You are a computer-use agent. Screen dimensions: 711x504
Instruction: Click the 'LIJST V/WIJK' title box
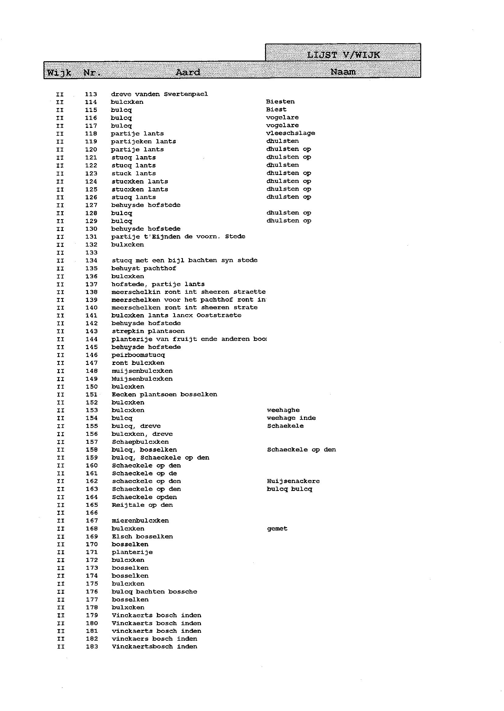pos(343,54)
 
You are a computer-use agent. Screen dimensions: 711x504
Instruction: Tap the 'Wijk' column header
pos(59,73)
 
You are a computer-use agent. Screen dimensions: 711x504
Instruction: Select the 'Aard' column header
pos(188,72)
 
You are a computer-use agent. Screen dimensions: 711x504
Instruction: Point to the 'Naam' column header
pos(343,72)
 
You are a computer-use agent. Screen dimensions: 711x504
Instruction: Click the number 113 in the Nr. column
pos(91,94)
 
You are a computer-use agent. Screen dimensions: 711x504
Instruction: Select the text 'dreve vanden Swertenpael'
pos(159,94)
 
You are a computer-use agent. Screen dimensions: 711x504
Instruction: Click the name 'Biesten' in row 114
pos(280,101)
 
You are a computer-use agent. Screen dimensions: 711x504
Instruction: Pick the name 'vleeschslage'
pos(290,133)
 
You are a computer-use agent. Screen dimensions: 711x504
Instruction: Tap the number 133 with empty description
pos(91,253)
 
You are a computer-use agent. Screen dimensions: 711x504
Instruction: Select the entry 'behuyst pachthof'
pos(144,268)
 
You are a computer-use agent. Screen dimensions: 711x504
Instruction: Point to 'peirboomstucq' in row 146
pos(138,355)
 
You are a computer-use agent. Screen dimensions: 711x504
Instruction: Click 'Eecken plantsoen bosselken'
pos(164,394)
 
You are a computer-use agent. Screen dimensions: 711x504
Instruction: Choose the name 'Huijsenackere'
pos(293,481)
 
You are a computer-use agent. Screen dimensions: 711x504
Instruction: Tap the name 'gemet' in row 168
pos(277,529)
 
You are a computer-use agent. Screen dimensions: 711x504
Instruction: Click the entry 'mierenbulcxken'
pos(140,521)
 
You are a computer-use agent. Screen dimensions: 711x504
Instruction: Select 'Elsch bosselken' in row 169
pos(142,537)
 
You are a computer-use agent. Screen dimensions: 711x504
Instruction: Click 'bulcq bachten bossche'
pos(155,592)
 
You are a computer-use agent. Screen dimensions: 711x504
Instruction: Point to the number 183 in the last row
pos(92,647)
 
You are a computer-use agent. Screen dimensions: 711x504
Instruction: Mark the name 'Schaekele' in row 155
pos(285,426)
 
